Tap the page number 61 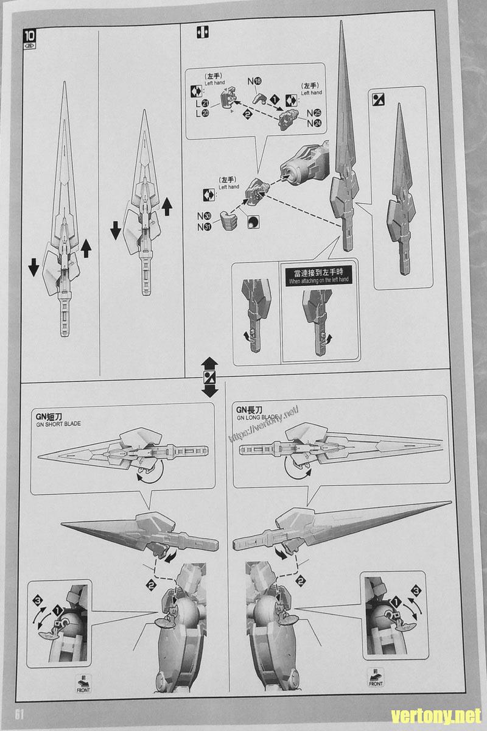tap(18, 714)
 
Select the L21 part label tap(201, 103)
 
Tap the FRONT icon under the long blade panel tap(375, 683)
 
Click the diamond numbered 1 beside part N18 tap(275, 98)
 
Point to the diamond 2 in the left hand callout tap(247, 114)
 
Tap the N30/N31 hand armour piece tap(228, 221)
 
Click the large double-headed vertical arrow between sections tap(209, 376)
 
